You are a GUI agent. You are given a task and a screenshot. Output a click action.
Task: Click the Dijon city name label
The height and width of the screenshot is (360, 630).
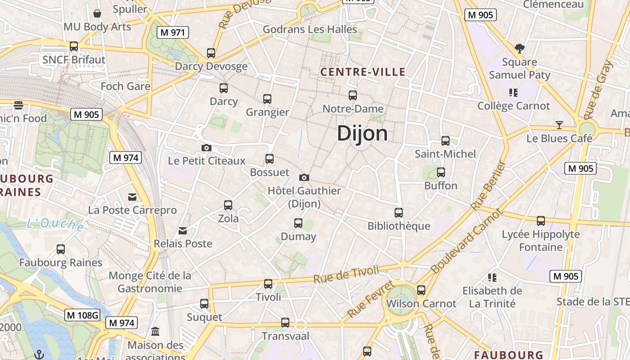pos(362,134)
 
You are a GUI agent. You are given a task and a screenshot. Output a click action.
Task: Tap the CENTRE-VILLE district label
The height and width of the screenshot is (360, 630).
pos(363,72)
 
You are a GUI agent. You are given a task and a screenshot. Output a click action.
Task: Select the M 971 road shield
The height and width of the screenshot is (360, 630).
pos(172,32)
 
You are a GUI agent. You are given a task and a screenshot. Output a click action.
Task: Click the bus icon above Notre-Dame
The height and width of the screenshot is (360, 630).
pos(353,95)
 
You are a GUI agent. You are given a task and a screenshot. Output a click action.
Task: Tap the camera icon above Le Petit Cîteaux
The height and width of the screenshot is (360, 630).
pos(206,148)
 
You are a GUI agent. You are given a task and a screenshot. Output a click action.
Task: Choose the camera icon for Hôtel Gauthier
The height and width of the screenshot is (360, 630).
pos(304,177)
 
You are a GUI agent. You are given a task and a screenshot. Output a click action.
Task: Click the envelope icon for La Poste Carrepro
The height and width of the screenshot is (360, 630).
pos(132,197)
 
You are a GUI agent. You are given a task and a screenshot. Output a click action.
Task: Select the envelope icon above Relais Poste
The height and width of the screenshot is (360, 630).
pos(183,231)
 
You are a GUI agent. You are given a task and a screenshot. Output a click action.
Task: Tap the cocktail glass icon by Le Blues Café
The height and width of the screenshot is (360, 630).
pos(559,125)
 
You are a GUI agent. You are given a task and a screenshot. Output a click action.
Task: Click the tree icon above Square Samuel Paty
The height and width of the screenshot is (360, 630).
pos(520,48)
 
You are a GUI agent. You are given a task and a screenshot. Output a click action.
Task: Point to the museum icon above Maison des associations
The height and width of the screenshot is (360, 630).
pos(155,332)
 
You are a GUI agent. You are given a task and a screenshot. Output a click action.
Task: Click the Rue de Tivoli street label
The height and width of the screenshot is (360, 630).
pos(346,274)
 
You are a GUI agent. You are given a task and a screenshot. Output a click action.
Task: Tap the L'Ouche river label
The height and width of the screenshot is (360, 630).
pos(55,224)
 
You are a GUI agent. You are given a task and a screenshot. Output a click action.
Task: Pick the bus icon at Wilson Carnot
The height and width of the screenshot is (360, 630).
pos(421,290)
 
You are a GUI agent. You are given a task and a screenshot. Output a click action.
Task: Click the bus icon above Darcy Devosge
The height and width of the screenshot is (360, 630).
pos(211,53)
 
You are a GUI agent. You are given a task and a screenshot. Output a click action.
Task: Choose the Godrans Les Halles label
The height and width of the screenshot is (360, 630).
pos(310,30)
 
